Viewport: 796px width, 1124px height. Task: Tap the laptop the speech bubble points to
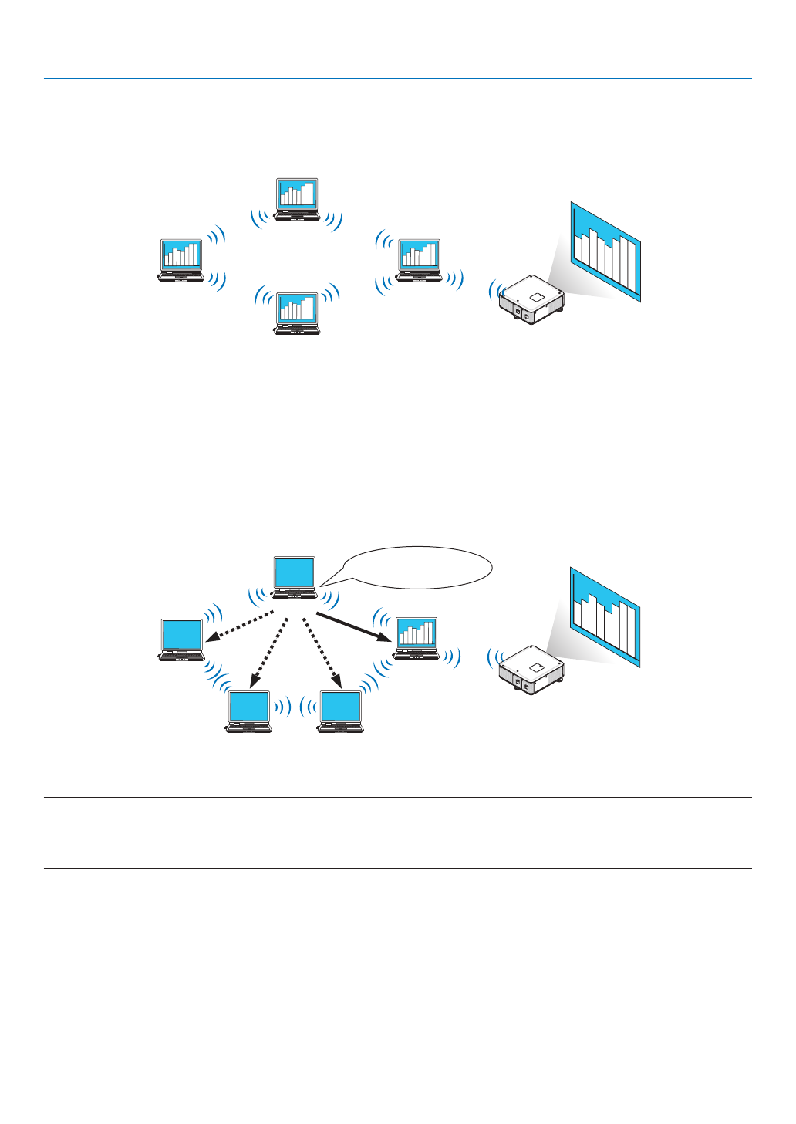(x=295, y=577)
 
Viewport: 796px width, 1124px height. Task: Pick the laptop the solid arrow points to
(x=416, y=638)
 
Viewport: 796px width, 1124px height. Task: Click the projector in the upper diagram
(x=531, y=300)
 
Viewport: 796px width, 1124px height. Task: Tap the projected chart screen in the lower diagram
(x=605, y=617)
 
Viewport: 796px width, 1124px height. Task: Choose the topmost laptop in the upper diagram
(x=297, y=199)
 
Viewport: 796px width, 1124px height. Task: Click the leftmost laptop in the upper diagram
(x=181, y=260)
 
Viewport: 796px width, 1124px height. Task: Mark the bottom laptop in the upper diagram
(x=297, y=313)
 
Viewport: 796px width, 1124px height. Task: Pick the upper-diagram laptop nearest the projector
(x=419, y=260)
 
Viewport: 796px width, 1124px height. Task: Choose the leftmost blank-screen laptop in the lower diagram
(x=182, y=640)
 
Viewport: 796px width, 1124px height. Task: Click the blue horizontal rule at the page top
(x=397, y=79)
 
